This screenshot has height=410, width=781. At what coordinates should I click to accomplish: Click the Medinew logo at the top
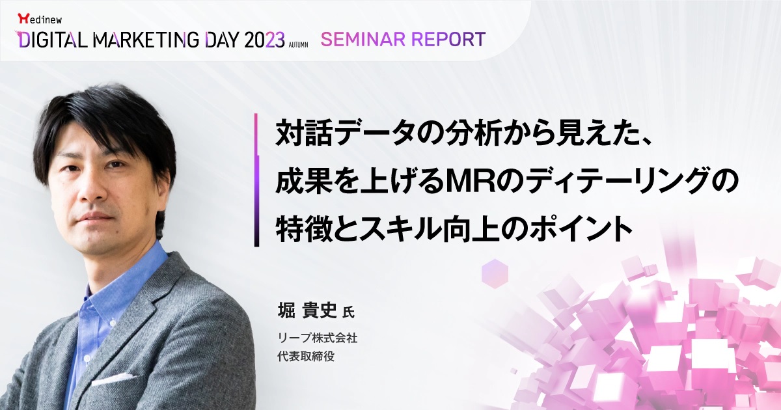(x=40, y=19)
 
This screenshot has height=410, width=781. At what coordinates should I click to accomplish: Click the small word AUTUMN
(x=298, y=45)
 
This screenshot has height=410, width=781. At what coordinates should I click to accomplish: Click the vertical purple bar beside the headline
(x=256, y=180)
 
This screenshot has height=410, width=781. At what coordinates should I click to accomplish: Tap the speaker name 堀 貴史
(x=307, y=310)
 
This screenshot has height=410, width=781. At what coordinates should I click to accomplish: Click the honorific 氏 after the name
(x=349, y=312)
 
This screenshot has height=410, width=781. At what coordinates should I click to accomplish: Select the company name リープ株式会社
(x=318, y=338)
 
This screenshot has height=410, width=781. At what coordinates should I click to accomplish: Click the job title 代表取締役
(x=306, y=357)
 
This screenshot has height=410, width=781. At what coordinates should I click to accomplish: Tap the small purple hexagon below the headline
(x=495, y=274)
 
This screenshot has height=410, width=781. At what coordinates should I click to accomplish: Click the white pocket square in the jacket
(x=111, y=379)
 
